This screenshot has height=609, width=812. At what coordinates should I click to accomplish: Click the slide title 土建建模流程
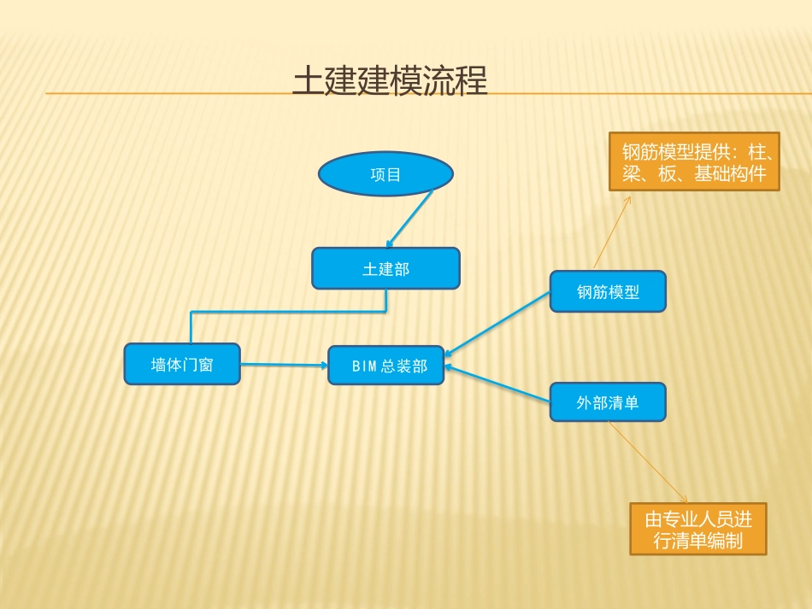pos(390,81)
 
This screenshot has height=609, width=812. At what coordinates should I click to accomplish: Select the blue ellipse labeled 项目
pos(385,174)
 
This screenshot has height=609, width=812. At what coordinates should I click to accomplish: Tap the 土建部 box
pos(385,269)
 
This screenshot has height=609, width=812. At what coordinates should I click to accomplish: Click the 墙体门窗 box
pos(182,365)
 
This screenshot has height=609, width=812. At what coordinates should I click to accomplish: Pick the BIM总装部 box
pos(386,366)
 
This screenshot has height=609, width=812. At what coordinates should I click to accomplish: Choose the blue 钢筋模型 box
pos(608,292)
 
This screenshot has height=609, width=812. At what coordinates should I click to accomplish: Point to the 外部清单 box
pos(608,402)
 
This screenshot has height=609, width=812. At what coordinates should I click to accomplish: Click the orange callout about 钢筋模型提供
pos(693,161)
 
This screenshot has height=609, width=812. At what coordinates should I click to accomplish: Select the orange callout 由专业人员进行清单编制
pos(697,530)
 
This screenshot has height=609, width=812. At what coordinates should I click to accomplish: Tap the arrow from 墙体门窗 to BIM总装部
pos(284,365)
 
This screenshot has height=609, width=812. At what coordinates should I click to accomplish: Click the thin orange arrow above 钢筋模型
pos(612,232)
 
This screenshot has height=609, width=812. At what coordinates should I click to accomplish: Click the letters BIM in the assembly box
pos(364,366)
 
